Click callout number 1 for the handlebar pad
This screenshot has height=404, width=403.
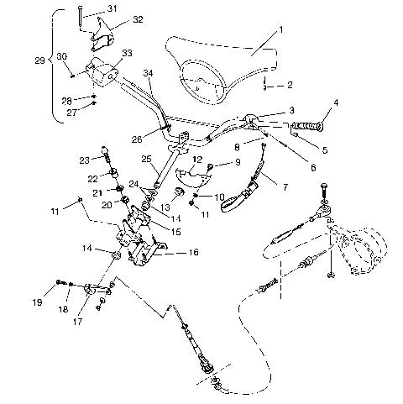pos(281,29)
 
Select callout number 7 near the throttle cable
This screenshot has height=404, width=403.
pos(291,109)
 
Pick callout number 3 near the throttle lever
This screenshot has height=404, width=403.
pos(291,109)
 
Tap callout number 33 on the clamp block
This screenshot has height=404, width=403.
pos(127,53)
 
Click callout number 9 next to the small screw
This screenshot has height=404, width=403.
pos(237,161)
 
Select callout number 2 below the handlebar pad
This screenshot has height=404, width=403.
pos(290,85)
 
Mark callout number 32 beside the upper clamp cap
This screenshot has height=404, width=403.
pos(138,19)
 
